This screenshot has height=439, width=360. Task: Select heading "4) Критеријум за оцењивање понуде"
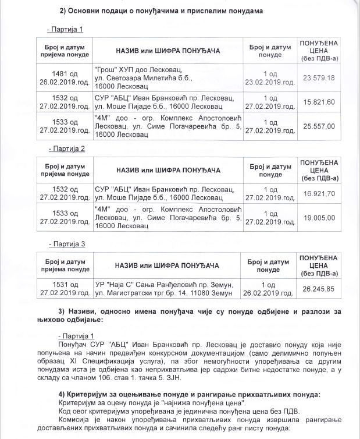(x=190, y=394)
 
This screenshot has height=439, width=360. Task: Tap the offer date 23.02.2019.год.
(x=270, y=82)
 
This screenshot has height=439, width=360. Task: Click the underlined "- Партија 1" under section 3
(x=77, y=337)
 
